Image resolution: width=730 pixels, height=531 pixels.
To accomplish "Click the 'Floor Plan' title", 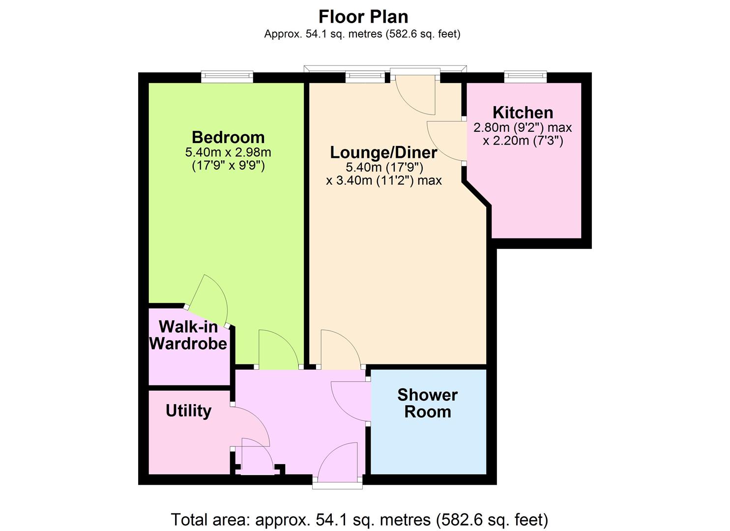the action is point(363,17).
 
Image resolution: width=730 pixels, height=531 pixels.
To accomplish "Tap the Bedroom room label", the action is point(228,137).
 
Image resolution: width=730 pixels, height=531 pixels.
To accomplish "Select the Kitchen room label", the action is point(523,113).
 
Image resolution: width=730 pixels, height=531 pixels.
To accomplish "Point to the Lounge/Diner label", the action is point(383,152).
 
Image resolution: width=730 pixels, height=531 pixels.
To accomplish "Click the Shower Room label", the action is point(428,403).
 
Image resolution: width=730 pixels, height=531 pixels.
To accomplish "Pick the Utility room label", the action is point(188,411).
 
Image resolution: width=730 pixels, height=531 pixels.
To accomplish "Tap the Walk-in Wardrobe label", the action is point(188,335).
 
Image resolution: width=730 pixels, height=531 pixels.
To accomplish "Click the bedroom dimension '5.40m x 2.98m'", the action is point(228,152).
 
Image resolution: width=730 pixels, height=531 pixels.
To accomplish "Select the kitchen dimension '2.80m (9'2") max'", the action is point(523,127).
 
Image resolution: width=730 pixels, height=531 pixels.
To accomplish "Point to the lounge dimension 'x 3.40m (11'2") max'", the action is point(384,180).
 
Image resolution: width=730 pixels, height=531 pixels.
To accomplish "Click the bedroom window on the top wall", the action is point(227,77).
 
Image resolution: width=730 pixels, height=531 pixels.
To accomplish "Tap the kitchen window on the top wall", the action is point(526,77).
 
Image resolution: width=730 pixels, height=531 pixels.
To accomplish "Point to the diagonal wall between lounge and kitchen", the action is point(476,194).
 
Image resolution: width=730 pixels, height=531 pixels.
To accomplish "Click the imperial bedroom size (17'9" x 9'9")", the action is point(228,166).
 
